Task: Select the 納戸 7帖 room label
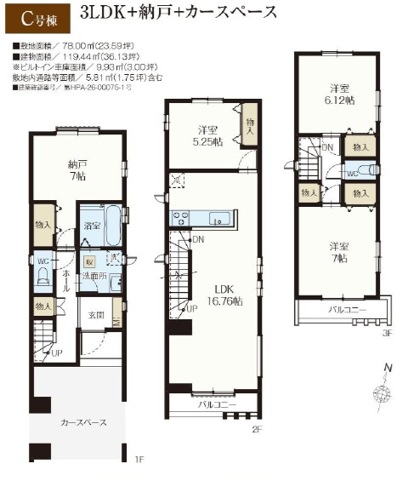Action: [77, 169]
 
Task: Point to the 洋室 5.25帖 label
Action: [207, 136]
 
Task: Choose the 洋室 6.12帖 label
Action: [340, 94]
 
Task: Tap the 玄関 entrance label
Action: [96, 315]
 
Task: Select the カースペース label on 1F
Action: [82, 422]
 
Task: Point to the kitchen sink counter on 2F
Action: [204, 218]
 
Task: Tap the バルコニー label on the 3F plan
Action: [348, 309]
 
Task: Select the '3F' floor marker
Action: [387, 333]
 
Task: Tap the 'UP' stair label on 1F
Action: [57, 352]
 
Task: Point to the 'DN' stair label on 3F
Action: [328, 147]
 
